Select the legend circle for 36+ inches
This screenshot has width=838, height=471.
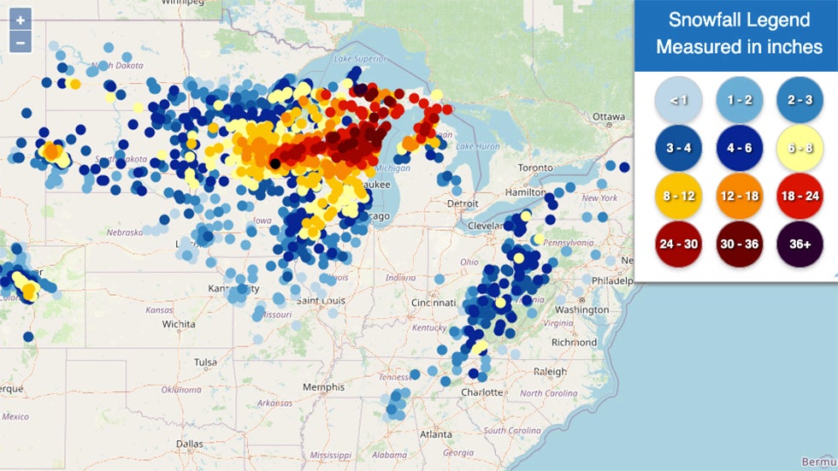799,244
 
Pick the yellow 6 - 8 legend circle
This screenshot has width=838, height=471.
799,148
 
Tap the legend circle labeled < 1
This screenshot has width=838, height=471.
678,100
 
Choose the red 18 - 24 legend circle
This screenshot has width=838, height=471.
799,196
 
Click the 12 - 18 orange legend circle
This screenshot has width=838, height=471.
739,196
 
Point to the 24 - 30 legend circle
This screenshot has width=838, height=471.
678,244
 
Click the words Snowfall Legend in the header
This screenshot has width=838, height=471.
739,20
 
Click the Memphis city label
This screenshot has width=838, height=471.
323,387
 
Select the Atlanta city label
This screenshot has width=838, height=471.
436,433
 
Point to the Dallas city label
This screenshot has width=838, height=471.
190,444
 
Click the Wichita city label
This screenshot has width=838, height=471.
179,324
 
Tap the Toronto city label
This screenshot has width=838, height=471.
535,168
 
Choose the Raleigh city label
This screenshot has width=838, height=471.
550,372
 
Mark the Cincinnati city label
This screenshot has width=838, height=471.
433,303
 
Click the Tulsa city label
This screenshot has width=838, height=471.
205,362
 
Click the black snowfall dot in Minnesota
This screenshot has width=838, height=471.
274,162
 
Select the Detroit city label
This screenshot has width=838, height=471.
463,203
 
